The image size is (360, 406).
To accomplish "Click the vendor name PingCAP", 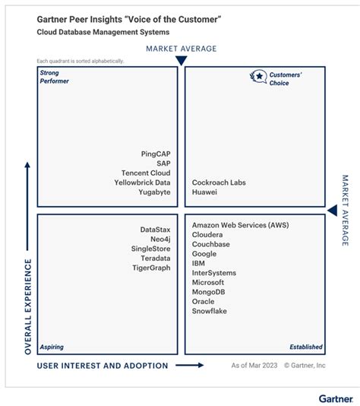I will click(x=156, y=153).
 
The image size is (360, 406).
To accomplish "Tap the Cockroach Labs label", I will click(x=219, y=182).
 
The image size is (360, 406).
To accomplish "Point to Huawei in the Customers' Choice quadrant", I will click(x=205, y=192).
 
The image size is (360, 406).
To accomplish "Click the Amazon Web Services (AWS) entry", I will click(x=240, y=225).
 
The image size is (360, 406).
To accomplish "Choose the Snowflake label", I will click(x=210, y=311).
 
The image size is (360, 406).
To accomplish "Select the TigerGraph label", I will click(x=150, y=268).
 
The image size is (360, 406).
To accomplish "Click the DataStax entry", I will click(x=155, y=229).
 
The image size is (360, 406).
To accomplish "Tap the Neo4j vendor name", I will click(x=160, y=239).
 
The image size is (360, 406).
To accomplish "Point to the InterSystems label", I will click(x=214, y=273).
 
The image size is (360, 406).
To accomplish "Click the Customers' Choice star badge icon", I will click(x=258, y=76).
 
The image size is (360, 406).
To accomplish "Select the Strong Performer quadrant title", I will click(x=55, y=76).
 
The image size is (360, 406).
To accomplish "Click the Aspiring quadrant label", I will click(x=52, y=347).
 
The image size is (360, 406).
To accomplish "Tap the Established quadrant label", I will click(x=305, y=347).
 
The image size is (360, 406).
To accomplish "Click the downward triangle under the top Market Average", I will click(x=181, y=60).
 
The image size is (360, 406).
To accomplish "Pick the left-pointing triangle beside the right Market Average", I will click(x=332, y=210).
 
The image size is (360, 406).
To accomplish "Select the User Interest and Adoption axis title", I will click(x=103, y=366).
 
